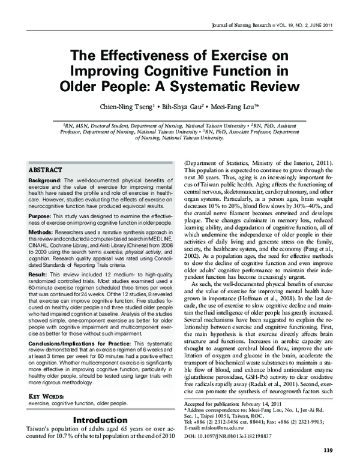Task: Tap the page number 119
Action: [328, 467]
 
